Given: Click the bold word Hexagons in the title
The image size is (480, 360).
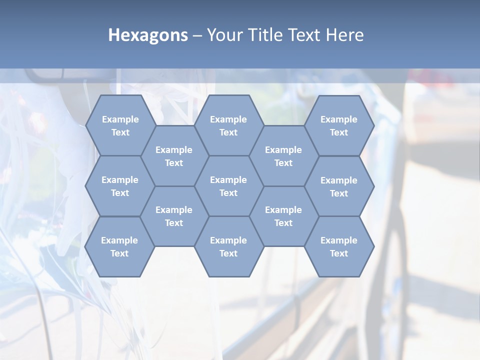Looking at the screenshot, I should (x=148, y=35).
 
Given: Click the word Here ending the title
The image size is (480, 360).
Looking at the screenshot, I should (x=344, y=35).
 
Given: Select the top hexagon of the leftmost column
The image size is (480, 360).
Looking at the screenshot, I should (x=120, y=125).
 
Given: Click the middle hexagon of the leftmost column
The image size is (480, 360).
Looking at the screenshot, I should (x=120, y=186).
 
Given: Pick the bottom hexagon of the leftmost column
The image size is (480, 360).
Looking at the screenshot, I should (x=119, y=246).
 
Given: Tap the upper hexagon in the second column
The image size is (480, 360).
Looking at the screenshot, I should (x=174, y=156).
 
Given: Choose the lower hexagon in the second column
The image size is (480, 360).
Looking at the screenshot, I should (x=174, y=216).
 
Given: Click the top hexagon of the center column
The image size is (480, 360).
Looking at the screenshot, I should (x=228, y=125).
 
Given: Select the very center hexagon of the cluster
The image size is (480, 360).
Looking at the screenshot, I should (x=228, y=186).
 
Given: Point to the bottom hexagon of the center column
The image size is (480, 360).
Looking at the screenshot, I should (x=228, y=246).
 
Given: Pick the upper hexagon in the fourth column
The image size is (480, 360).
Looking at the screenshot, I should (x=283, y=156).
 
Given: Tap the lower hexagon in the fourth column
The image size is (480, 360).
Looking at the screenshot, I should (x=283, y=216).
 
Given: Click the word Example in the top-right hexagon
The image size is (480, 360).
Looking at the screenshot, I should (x=339, y=119).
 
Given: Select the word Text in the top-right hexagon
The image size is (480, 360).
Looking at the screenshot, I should (x=339, y=132).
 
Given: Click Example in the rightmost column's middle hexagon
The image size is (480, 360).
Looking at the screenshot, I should (x=339, y=180).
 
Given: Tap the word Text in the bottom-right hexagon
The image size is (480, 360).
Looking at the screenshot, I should (x=339, y=253).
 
